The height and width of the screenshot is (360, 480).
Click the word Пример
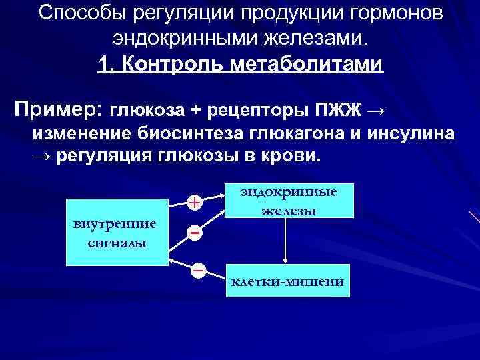(x=57, y=107)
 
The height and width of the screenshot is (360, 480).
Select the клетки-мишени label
(x=287, y=282)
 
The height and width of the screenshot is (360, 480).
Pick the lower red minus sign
(x=198, y=270)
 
